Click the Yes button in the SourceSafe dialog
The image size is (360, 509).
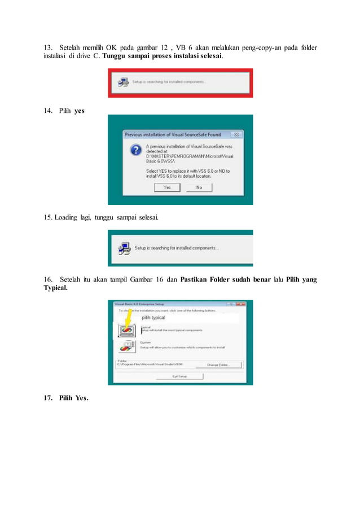[x=167, y=187]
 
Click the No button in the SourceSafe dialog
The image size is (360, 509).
[x=199, y=187]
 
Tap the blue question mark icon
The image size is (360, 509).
[x=135, y=150]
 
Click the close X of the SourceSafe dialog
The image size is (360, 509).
[x=237, y=135]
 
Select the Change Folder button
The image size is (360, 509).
[x=223, y=365]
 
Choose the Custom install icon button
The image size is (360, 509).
[x=126, y=346]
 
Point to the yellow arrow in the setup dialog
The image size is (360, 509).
[x=127, y=322]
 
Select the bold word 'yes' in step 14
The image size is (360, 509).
[x=79, y=111]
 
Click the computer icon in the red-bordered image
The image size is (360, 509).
[x=122, y=82]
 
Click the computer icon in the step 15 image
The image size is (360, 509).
[x=124, y=248]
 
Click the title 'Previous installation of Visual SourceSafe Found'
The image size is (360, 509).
[x=173, y=135]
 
